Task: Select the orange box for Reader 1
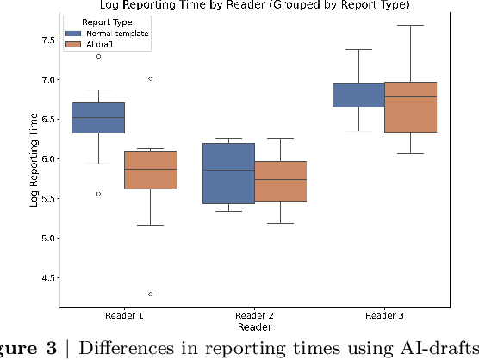click(x=150, y=170)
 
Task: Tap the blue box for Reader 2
click(x=228, y=173)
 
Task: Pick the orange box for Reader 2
click(x=281, y=181)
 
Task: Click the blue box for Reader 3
click(x=358, y=95)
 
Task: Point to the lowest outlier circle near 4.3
click(x=150, y=295)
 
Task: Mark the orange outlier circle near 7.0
click(x=150, y=78)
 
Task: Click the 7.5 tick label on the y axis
click(x=46, y=40)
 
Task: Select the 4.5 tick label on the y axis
click(x=46, y=278)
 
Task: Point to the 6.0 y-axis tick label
click(x=46, y=159)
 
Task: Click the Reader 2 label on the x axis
click(x=254, y=316)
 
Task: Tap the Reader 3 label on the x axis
click(x=385, y=316)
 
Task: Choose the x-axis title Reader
click(x=254, y=327)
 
